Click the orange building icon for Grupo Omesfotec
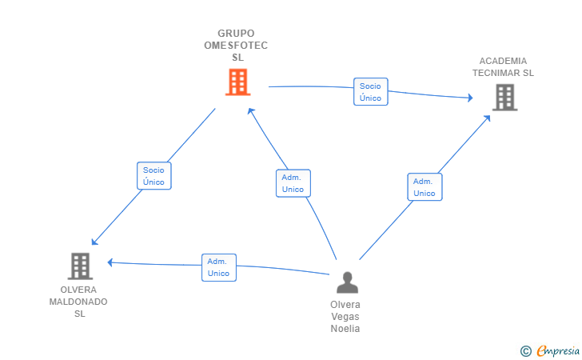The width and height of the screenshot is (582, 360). (x=238, y=82)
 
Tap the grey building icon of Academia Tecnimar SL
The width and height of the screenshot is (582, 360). (x=504, y=98)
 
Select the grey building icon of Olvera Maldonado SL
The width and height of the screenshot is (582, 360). (x=80, y=266)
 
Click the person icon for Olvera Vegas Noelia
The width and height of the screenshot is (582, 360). (x=348, y=282)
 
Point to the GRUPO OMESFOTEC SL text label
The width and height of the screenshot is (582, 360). (x=236, y=46)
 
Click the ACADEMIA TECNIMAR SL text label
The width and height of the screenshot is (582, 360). (x=503, y=67)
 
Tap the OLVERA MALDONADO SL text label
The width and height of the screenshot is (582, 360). (x=78, y=302)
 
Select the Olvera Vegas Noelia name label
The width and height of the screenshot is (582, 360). (x=345, y=317)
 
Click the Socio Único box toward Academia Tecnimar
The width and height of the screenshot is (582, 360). (x=371, y=92)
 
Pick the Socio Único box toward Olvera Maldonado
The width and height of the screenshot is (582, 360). (x=154, y=176)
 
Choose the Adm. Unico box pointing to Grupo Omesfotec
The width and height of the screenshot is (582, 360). (x=293, y=183)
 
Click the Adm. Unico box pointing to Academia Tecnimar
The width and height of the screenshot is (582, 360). (x=425, y=187)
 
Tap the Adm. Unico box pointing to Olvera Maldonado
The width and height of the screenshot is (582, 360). (x=219, y=267)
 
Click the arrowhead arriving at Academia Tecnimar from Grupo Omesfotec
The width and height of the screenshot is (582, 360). (x=470, y=98)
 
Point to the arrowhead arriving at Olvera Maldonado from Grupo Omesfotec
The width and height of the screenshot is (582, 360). (x=94, y=242)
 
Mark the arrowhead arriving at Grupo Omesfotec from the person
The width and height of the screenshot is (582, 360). (x=250, y=110)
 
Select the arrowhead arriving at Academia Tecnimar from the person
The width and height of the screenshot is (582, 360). (x=488, y=118)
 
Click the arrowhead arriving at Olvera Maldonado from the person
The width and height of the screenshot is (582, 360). (x=110, y=262)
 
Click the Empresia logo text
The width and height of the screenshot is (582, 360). (x=558, y=350)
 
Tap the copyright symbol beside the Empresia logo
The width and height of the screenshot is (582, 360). (x=525, y=351)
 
